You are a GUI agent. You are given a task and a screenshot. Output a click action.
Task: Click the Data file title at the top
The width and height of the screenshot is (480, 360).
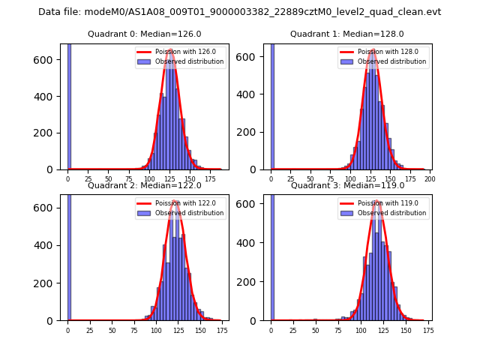point(240,12)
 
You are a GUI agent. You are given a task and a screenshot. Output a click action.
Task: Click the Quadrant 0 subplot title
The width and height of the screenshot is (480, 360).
point(145,34)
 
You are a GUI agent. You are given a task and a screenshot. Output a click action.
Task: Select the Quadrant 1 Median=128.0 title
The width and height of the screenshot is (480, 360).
point(347,34)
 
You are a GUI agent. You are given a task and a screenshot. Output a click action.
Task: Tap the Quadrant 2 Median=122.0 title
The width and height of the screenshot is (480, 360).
point(145,185)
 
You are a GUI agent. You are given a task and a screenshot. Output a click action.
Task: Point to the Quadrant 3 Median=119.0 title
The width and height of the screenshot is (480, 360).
point(347,185)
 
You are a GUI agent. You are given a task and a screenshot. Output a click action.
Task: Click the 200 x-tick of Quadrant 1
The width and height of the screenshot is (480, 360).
point(430,179)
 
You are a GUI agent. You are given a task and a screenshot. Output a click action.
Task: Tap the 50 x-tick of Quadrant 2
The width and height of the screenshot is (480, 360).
point(112,330)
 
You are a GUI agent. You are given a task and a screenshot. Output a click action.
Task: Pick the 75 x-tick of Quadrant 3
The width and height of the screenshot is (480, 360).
point(337,330)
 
